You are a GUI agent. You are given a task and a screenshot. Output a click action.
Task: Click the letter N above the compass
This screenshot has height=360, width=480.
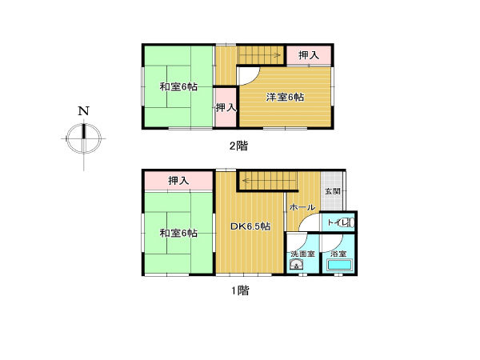click(83, 111)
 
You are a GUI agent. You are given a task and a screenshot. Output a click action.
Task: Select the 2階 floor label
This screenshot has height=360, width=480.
click(238, 146)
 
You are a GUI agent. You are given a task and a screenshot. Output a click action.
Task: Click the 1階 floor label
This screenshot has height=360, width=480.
click(240, 290)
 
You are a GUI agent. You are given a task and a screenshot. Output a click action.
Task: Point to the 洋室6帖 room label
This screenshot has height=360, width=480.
click(285, 98)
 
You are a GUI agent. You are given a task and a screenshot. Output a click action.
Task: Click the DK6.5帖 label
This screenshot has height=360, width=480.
click(250, 226)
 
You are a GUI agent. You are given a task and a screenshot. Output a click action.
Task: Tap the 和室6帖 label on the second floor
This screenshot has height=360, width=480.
click(178, 87)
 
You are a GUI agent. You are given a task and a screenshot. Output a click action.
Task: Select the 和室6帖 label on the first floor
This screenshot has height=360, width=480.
click(178, 234)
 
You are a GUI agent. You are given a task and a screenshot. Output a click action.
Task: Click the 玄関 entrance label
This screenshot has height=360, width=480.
click(333, 191)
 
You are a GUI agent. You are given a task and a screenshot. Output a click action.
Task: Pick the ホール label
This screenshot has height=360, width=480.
click(302, 207)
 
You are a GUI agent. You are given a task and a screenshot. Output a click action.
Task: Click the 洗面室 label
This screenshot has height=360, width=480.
click(302, 254)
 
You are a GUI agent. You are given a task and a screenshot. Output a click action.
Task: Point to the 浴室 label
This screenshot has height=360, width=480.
click(338, 254)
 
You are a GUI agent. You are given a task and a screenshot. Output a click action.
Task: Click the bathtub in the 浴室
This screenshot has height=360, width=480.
click(340, 265)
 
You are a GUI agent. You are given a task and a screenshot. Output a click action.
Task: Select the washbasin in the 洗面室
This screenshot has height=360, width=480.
click(297, 265)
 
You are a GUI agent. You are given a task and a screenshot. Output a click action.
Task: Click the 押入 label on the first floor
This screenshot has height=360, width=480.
click(178, 181)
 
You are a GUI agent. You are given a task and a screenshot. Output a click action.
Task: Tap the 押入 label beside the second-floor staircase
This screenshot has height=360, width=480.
click(309, 55)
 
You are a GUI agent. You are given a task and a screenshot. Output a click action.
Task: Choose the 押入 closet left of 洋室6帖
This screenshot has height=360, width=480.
click(226, 107)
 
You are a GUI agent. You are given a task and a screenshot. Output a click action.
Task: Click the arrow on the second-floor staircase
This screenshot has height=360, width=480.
click(259, 55)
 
